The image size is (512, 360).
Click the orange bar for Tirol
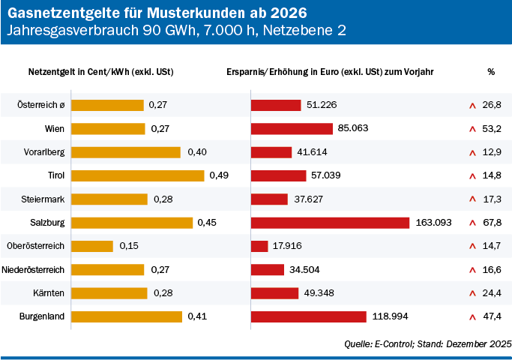(138, 175)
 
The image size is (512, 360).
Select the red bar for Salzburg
(330, 223)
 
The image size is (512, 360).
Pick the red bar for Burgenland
(308, 316)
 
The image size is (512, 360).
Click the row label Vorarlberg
(44, 152)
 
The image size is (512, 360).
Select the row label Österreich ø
(41, 105)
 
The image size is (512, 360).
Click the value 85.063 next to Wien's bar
(353, 128)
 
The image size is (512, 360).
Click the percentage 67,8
(492, 223)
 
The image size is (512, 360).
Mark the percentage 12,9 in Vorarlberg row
(492, 152)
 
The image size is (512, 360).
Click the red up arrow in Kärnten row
(472, 293)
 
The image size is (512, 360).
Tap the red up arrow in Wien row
(472, 129)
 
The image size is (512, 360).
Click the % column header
(491, 72)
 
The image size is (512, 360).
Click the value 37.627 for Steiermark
(308, 199)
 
